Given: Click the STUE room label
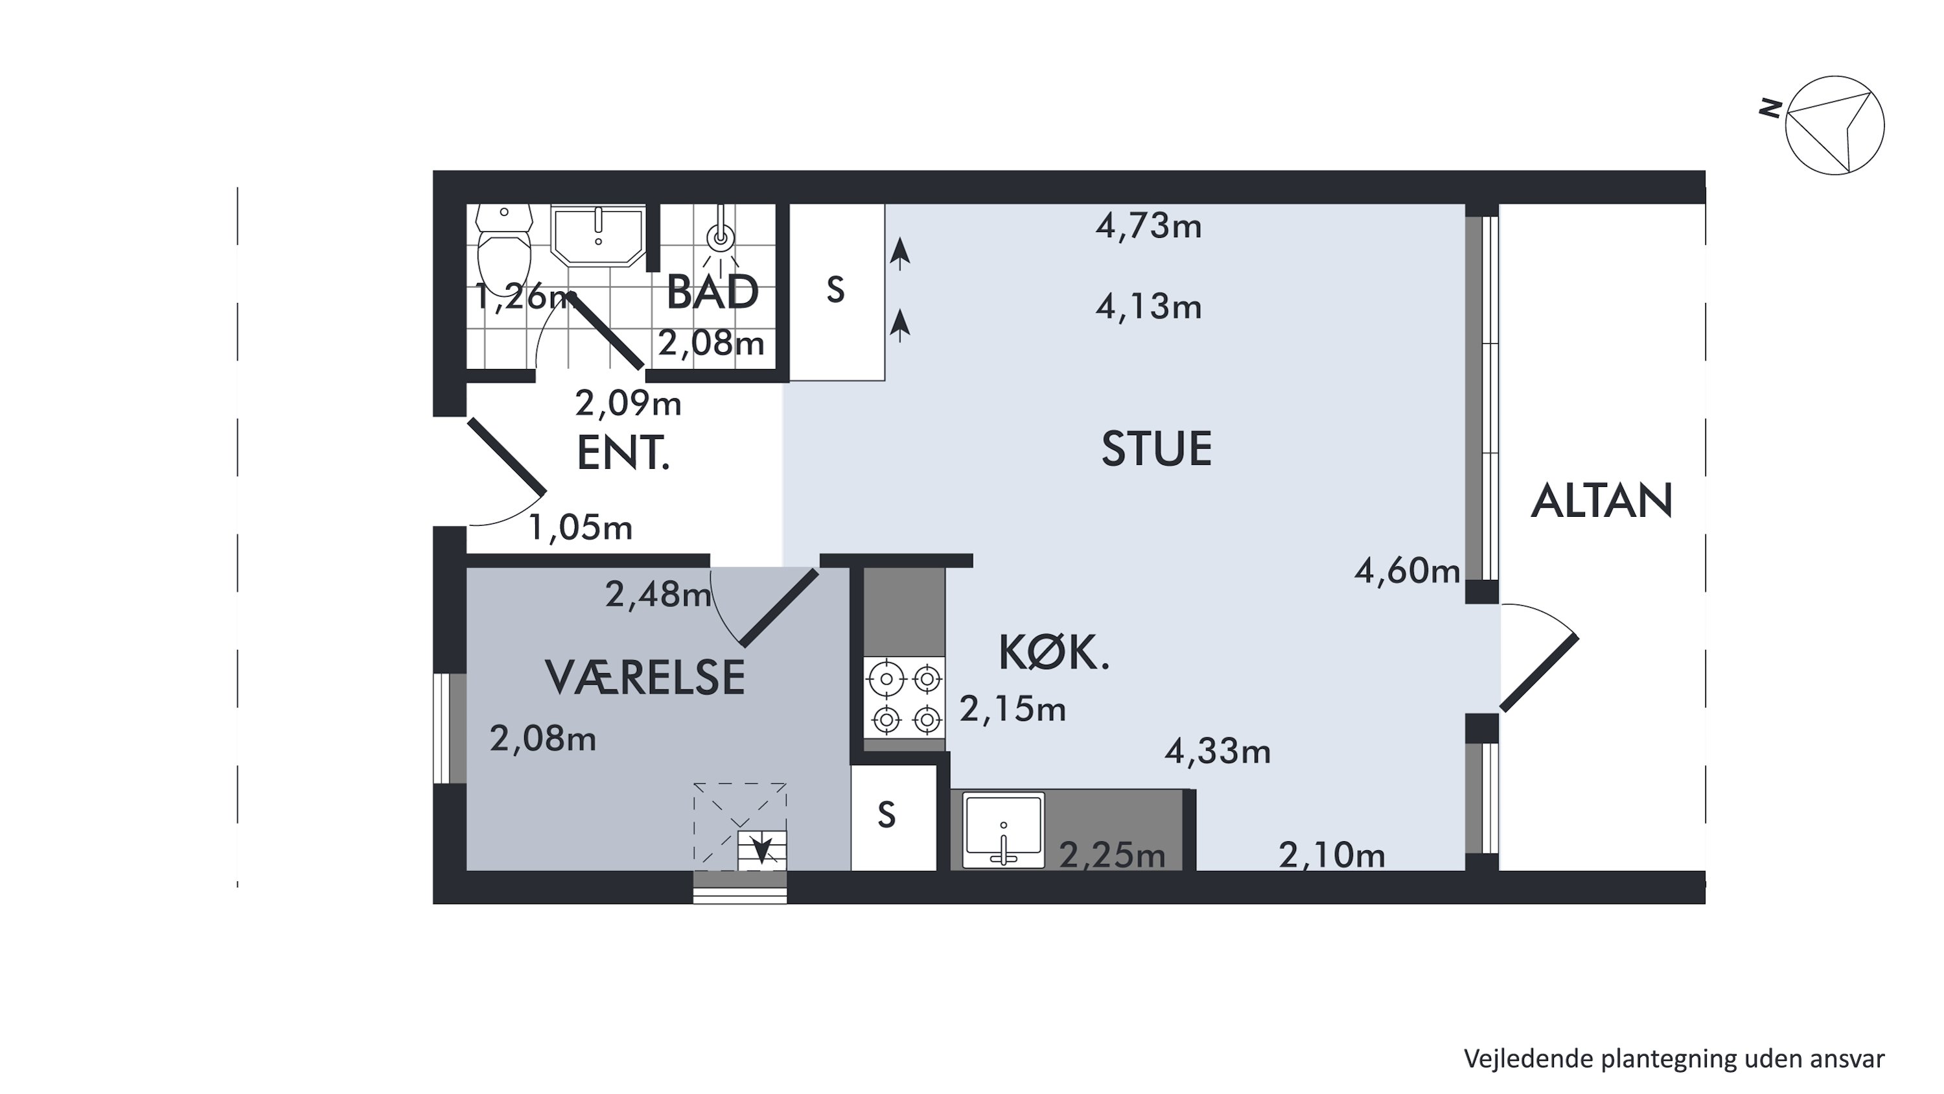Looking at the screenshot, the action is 1156,449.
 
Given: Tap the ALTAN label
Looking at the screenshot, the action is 1601,501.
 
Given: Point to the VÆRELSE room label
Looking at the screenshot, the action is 645,677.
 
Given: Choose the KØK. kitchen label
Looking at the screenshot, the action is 1054,653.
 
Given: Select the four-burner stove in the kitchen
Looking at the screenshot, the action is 904,698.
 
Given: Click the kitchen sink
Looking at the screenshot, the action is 1004,830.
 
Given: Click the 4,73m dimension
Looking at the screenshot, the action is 1149,226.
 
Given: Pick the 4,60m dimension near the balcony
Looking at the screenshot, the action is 1407,571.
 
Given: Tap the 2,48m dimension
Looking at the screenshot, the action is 658,595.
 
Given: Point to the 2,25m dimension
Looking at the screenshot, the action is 1113,855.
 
